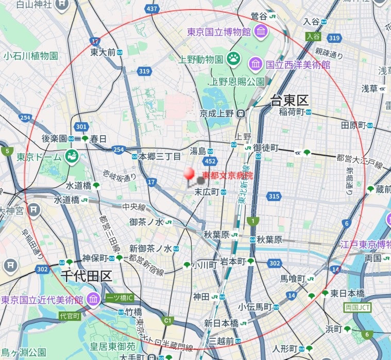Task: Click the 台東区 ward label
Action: point(290,101)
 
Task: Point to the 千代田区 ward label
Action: point(86,275)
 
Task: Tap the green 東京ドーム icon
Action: point(72,156)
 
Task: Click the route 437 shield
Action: point(152,9)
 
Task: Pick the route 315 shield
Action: point(274,195)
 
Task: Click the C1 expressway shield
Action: point(167,320)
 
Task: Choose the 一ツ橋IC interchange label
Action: point(120,298)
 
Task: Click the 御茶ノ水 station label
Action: point(146,222)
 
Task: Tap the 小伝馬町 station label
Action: point(254,307)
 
